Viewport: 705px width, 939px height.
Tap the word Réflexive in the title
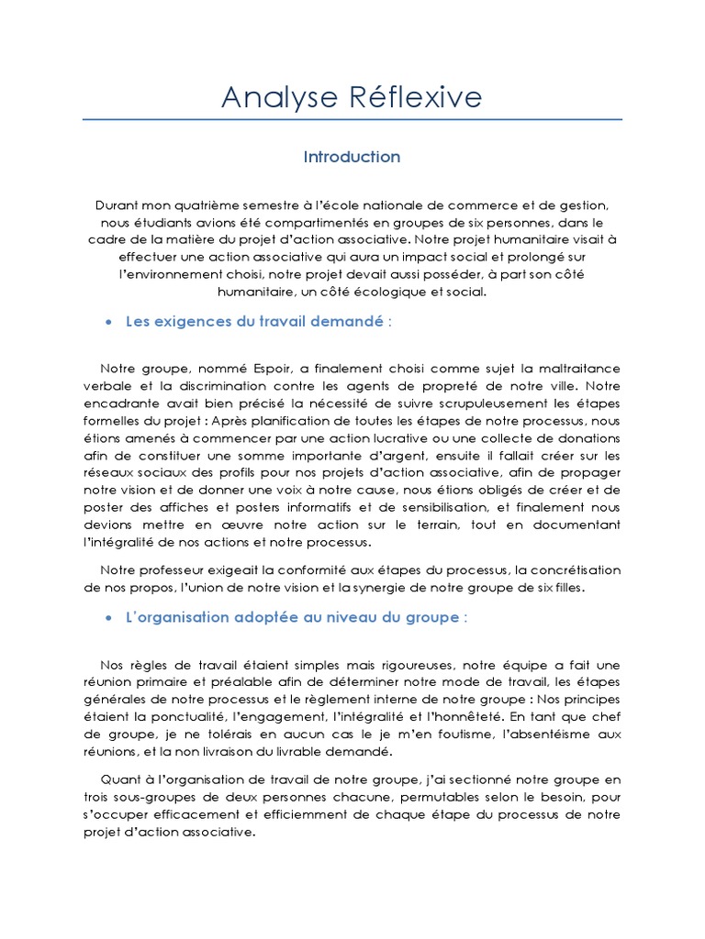412,97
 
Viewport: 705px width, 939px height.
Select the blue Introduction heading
352,157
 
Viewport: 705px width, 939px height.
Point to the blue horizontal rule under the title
352,119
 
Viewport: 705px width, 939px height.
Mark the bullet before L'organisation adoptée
109,618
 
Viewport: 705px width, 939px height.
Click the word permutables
443,798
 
